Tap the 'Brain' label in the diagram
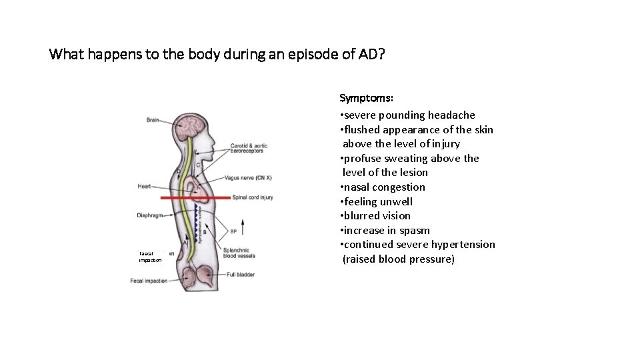tap(153, 120)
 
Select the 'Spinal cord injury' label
tap(253, 197)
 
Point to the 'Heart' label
tap(144, 187)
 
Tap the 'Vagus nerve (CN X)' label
tap(248, 178)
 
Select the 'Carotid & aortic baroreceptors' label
tap(249, 149)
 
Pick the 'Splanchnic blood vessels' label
tap(239, 253)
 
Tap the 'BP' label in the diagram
tap(233, 232)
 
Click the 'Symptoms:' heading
tap(365, 99)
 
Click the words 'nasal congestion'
tap(385, 187)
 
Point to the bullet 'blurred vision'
tap(377, 216)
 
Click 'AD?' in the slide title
tap(371, 54)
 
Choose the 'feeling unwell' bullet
tap(378, 202)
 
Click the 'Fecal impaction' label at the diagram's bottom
tap(149, 281)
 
